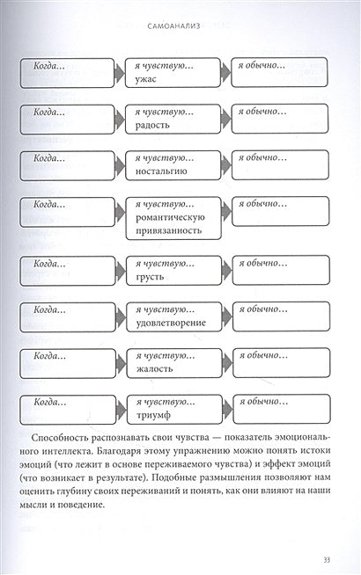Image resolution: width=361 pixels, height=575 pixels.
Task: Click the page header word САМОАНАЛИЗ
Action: pos(180,26)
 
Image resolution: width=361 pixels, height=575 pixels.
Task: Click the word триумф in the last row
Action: pos(153,414)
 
